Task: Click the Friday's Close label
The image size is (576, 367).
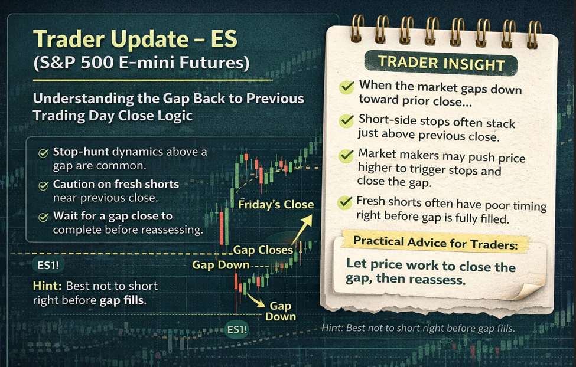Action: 276,205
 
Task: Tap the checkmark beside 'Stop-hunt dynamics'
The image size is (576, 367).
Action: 43,153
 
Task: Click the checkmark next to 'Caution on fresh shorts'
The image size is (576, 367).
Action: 43,185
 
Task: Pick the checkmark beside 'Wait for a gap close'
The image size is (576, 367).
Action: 43,217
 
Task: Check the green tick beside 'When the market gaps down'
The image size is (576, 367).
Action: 346,88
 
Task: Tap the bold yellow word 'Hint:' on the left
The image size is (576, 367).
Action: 48,286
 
